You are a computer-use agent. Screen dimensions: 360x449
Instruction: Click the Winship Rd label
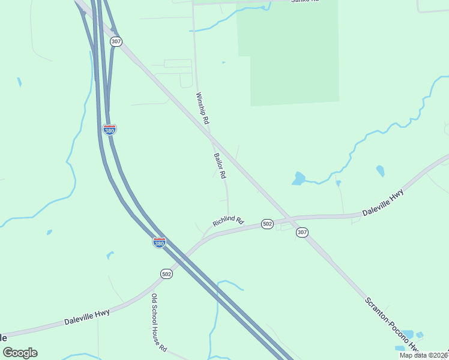click(202, 108)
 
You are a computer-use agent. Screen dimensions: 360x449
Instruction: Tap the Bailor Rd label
click(219, 166)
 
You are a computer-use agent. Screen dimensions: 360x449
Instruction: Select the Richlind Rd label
click(228, 221)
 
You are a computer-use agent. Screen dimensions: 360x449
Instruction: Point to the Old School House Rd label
click(158, 323)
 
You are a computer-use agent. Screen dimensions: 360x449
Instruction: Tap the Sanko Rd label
click(304, 2)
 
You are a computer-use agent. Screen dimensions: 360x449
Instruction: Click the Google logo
click(20, 353)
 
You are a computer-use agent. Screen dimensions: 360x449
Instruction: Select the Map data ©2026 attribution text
click(423, 355)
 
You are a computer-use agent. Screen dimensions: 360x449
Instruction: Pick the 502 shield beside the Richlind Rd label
click(268, 224)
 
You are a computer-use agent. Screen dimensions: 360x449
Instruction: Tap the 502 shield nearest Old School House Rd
click(167, 274)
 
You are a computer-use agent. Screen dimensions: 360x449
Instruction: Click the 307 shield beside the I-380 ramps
click(116, 41)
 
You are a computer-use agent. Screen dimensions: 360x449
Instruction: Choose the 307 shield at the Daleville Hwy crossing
click(302, 232)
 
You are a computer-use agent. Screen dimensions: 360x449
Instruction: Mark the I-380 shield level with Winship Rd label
click(109, 130)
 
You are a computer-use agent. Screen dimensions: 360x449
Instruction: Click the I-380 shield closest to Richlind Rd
click(159, 242)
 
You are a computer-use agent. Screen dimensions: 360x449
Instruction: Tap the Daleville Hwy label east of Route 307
click(383, 204)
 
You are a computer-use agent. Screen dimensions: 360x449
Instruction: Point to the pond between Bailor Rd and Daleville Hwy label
click(298, 178)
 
